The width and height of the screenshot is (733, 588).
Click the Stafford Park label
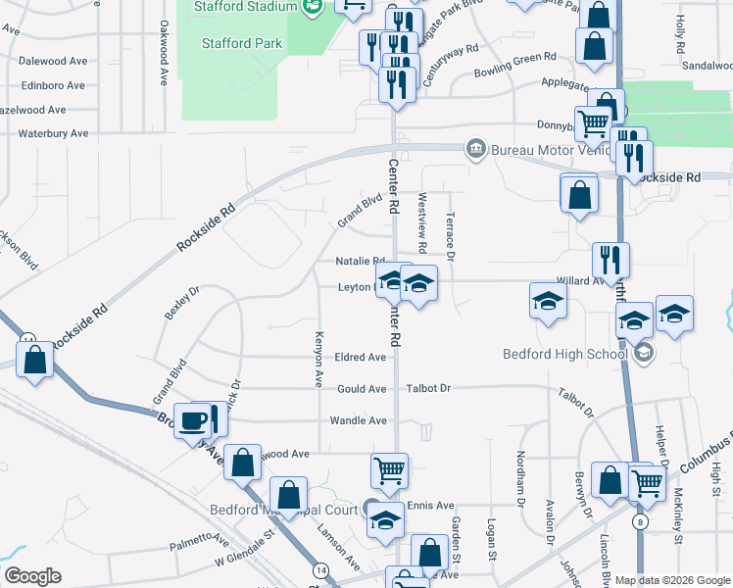pyautogui.click(x=241, y=43)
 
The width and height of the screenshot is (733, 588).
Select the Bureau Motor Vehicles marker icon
pyautogui.click(x=475, y=149)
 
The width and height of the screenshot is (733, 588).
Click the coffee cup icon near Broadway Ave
pyautogui.click(x=192, y=419)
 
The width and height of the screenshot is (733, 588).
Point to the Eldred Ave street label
pyautogui.click(x=361, y=358)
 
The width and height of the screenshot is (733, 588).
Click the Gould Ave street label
pyautogui.click(x=362, y=389)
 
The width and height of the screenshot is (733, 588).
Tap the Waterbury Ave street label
pyautogui.click(x=53, y=133)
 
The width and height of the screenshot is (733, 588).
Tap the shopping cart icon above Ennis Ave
pyautogui.click(x=390, y=470)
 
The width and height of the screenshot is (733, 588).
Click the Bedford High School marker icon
pyautogui.click(x=643, y=353)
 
